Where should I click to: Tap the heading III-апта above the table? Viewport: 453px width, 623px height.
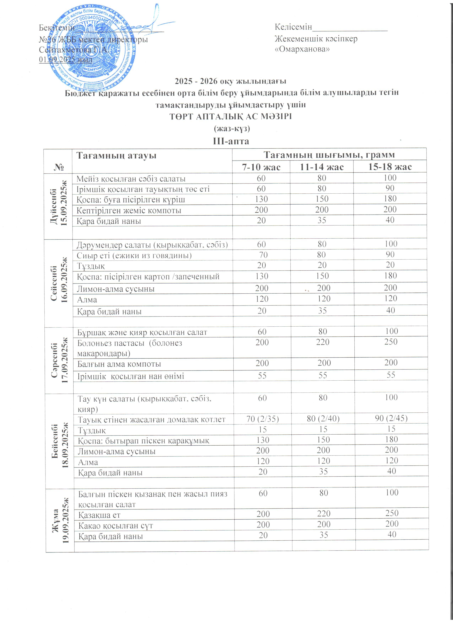231,141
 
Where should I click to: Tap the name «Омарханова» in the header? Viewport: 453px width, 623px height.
302,49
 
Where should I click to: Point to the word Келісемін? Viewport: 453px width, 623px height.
293,27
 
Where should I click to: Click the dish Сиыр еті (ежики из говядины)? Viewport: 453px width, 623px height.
134,255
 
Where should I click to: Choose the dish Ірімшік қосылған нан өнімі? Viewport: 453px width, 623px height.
131,376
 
